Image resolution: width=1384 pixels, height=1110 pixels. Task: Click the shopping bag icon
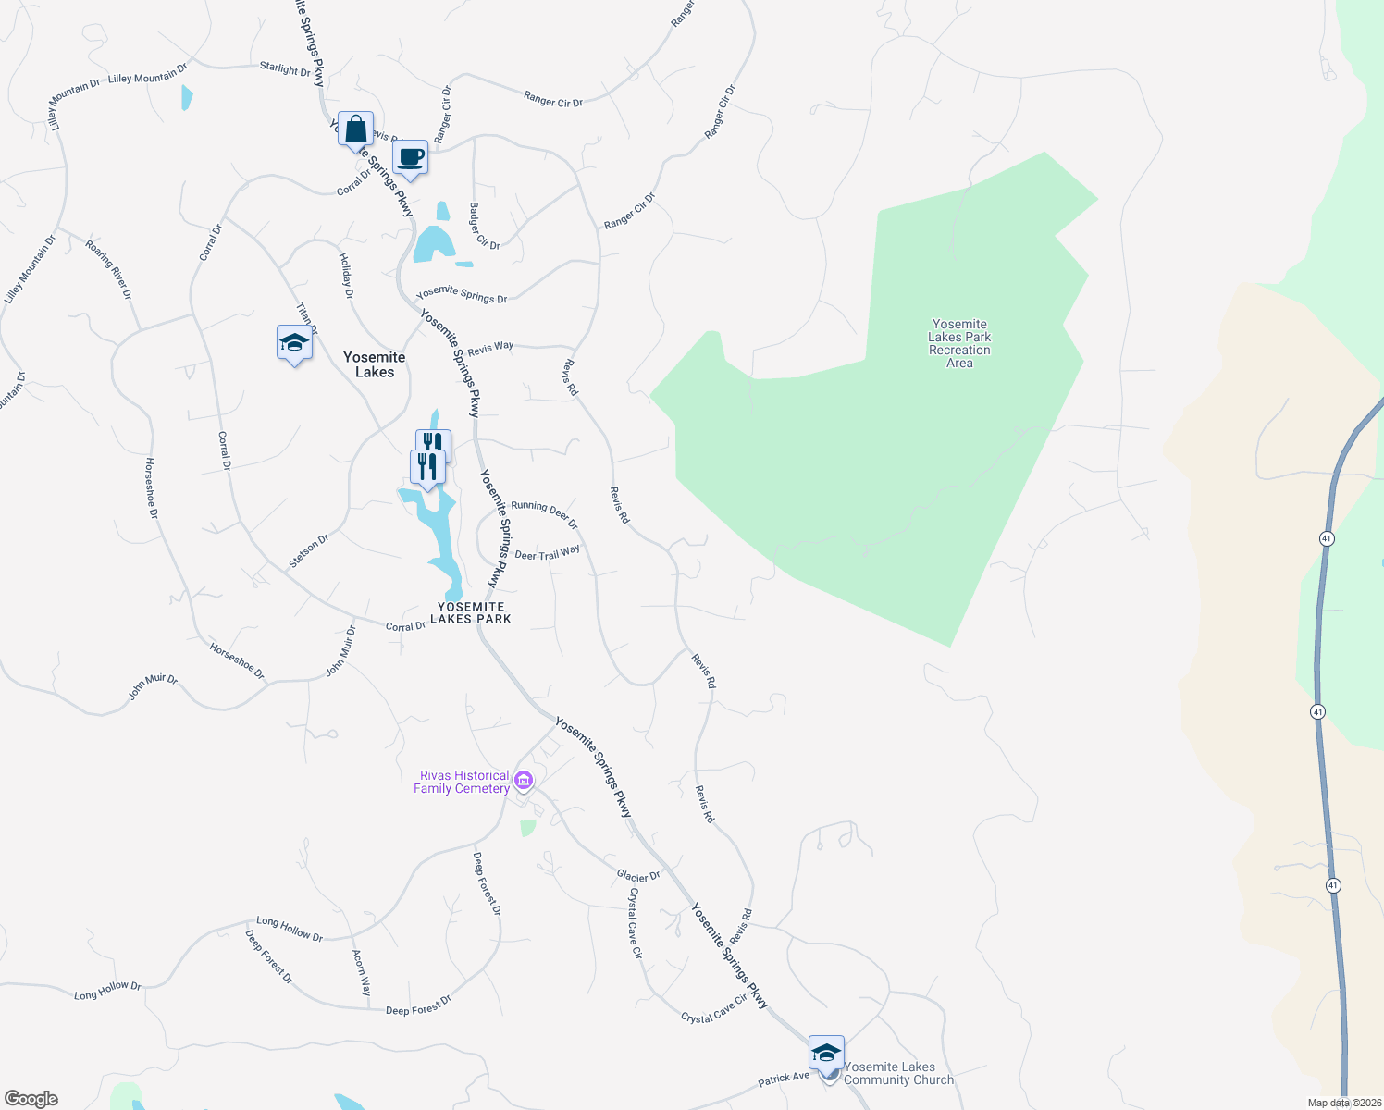point(356,129)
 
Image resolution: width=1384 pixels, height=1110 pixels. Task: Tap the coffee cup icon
point(410,158)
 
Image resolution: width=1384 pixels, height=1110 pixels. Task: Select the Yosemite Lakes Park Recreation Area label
point(959,343)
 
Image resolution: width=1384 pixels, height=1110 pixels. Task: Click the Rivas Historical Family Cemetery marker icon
point(524,782)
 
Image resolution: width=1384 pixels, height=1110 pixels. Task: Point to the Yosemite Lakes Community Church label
point(898,1073)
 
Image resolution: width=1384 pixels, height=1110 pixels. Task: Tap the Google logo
point(31,1099)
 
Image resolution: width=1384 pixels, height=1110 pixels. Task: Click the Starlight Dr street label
point(285,68)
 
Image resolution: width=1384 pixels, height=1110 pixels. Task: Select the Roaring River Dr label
point(109,269)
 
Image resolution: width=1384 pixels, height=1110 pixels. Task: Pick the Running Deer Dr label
point(544,514)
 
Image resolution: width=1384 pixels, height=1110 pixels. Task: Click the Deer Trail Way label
point(547,553)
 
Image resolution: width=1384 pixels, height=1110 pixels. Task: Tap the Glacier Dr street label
point(638,876)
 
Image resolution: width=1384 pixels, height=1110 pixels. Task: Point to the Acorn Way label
point(361,972)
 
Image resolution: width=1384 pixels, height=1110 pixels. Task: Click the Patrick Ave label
point(784,1079)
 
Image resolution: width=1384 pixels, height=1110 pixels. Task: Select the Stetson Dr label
point(308,550)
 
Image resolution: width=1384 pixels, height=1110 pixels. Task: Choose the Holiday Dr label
point(346,276)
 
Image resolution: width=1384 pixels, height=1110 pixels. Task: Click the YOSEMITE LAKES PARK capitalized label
point(471,612)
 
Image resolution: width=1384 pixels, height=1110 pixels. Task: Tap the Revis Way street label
point(490,349)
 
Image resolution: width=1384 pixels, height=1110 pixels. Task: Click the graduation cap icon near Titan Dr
point(294,343)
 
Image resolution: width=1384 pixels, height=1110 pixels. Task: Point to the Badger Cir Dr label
point(484,227)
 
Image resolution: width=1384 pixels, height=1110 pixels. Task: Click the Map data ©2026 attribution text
point(1344,1103)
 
